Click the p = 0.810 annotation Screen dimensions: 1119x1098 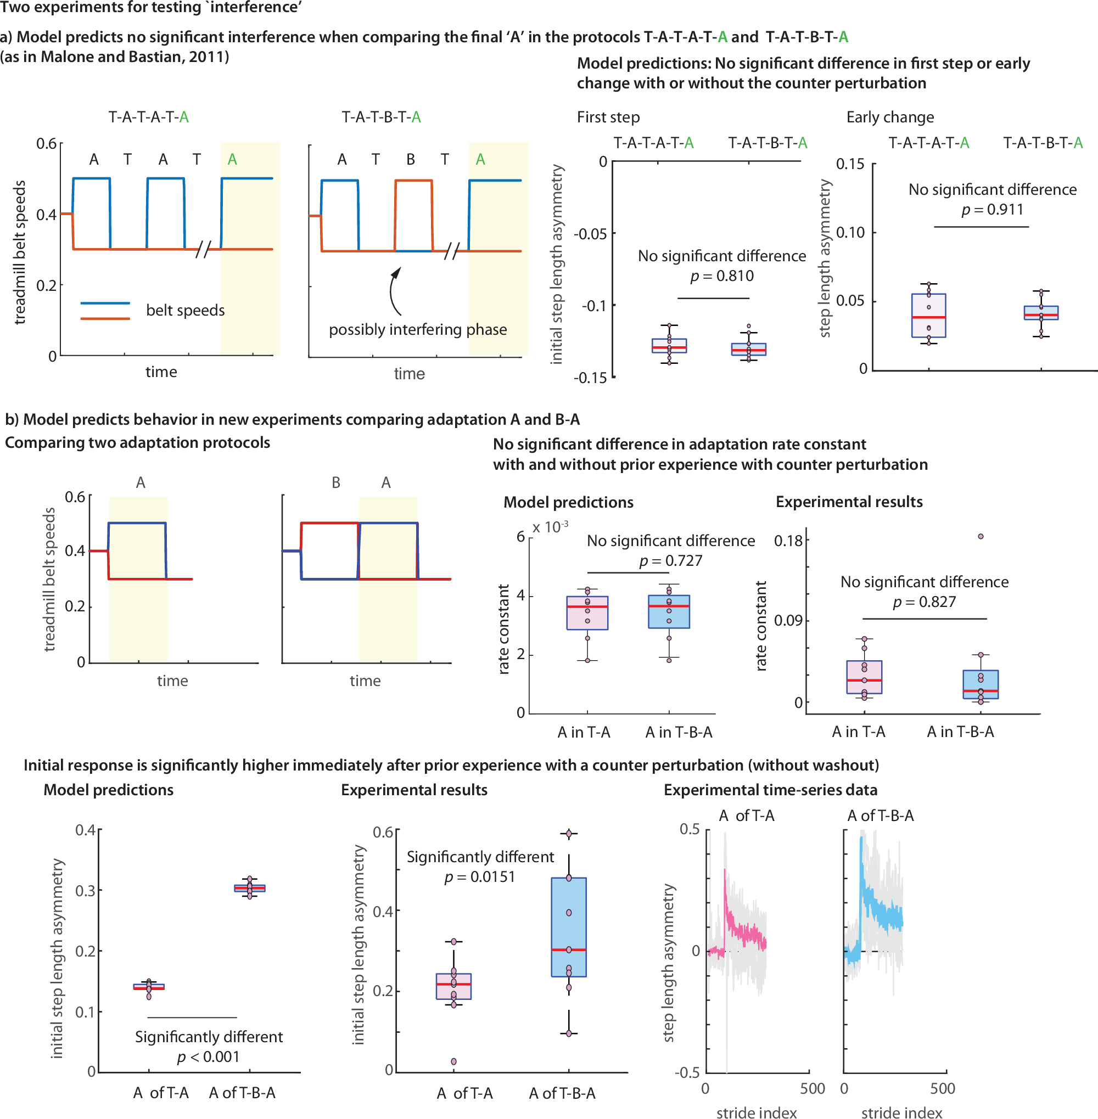coord(721,276)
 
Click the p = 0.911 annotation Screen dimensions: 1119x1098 coord(992,210)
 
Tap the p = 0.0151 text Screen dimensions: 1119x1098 coord(479,877)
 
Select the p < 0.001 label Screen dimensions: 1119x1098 coord(208,1057)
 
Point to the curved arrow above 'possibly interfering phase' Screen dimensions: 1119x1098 coord(394,291)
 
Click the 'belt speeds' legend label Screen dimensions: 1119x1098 coord(185,310)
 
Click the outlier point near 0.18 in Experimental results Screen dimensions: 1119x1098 coord(981,536)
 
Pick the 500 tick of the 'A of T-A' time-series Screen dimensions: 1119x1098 coord(812,1088)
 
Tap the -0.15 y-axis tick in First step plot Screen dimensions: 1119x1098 coord(590,378)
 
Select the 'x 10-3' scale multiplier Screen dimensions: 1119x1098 coord(550,527)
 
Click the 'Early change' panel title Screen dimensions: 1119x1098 coord(890,117)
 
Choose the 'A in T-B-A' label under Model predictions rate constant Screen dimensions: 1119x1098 coord(679,732)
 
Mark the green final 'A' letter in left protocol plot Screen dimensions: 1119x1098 coord(232,159)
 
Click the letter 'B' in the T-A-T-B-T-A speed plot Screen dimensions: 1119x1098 coord(411,159)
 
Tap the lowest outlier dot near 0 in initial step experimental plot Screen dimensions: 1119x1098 coord(454,1061)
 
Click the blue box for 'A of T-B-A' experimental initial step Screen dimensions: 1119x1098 coord(569,927)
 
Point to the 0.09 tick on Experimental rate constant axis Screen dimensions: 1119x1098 coord(788,620)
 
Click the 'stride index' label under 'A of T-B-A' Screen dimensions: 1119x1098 coord(901,1112)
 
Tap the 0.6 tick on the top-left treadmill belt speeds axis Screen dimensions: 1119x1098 coord(47,144)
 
